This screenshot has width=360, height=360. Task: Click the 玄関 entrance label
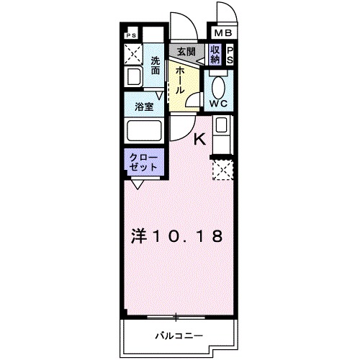click(x=186, y=52)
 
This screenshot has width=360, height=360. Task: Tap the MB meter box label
click(x=220, y=33)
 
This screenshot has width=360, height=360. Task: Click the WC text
click(x=218, y=103)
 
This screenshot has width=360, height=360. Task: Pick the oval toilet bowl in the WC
click(x=218, y=84)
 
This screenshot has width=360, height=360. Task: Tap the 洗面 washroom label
click(x=156, y=66)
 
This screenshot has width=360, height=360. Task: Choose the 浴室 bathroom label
click(x=144, y=107)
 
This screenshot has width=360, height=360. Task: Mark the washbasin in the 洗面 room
click(x=134, y=77)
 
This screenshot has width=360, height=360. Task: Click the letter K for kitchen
click(x=201, y=140)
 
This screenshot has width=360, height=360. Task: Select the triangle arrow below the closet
click(x=137, y=184)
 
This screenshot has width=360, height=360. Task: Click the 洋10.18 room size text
click(x=176, y=235)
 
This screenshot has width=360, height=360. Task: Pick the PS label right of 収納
click(x=230, y=55)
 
